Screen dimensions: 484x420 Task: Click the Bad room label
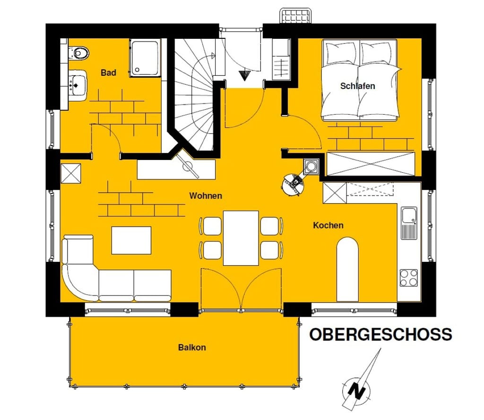click(x=108, y=73)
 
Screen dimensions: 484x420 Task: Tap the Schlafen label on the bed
click(x=357, y=86)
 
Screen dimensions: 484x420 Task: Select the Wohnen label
click(x=206, y=196)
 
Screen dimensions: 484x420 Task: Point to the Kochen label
click(x=328, y=225)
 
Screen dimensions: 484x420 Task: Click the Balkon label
click(x=192, y=348)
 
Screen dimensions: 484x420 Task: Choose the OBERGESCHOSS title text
click(x=381, y=335)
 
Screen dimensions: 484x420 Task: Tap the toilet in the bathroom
click(x=79, y=53)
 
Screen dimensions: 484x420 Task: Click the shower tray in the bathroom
click(x=145, y=58)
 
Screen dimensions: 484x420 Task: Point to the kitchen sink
click(x=409, y=223)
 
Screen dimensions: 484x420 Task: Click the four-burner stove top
click(x=409, y=278)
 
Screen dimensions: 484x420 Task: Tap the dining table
click(x=241, y=238)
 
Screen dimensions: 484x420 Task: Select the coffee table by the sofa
click(x=131, y=241)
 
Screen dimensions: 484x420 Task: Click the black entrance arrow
click(x=244, y=75)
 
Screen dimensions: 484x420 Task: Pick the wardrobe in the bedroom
click(x=371, y=164)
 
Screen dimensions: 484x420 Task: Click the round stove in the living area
click(x=293, y=185)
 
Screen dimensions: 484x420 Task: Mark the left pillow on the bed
click(x=341, y=53)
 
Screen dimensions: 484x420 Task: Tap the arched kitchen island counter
click(x=347, y=269)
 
